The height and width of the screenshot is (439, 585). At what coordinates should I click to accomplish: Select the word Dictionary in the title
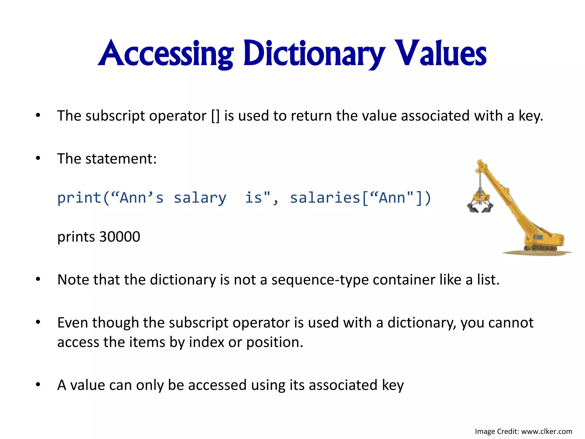pos(314,54)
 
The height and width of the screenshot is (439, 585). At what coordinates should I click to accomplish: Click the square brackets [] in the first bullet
pos(215,116)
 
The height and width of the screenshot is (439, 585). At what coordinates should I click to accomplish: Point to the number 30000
pos(120,237)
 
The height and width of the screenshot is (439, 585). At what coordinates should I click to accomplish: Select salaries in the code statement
pos(325,198)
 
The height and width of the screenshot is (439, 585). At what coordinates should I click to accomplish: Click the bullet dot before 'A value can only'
pos(38,385)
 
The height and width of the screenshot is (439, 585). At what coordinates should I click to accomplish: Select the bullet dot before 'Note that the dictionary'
pos(38,280)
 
